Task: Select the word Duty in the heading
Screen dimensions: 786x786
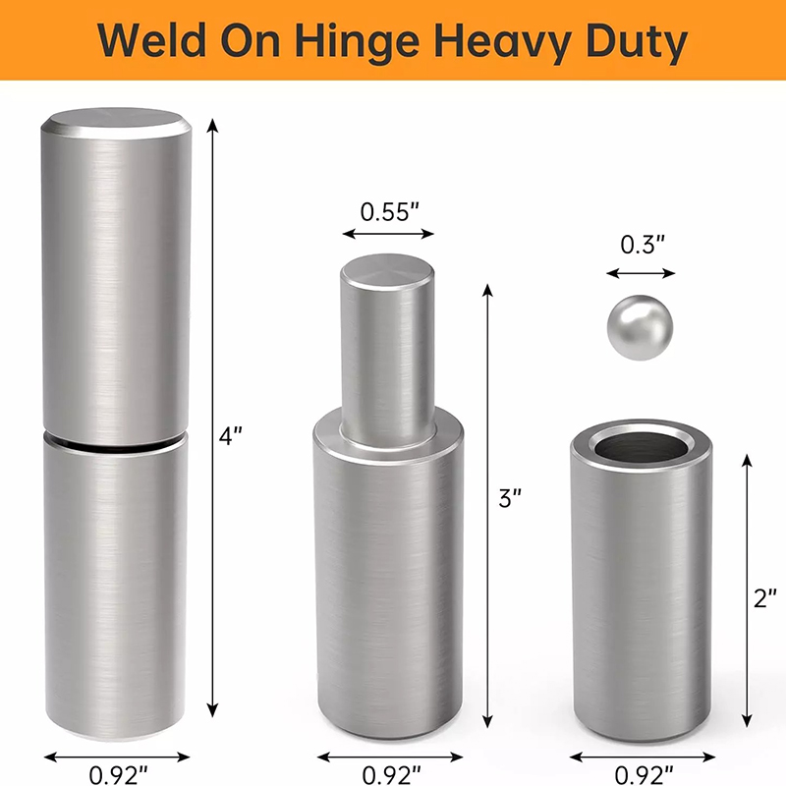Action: (x=629, y=41)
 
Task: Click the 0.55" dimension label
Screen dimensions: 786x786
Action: (x=389, y=211)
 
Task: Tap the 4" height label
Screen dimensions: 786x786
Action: (x=230, y=435)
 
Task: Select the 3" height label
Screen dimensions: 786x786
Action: (x=508, y=499)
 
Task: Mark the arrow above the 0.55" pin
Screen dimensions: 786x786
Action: (x=387, y=234)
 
